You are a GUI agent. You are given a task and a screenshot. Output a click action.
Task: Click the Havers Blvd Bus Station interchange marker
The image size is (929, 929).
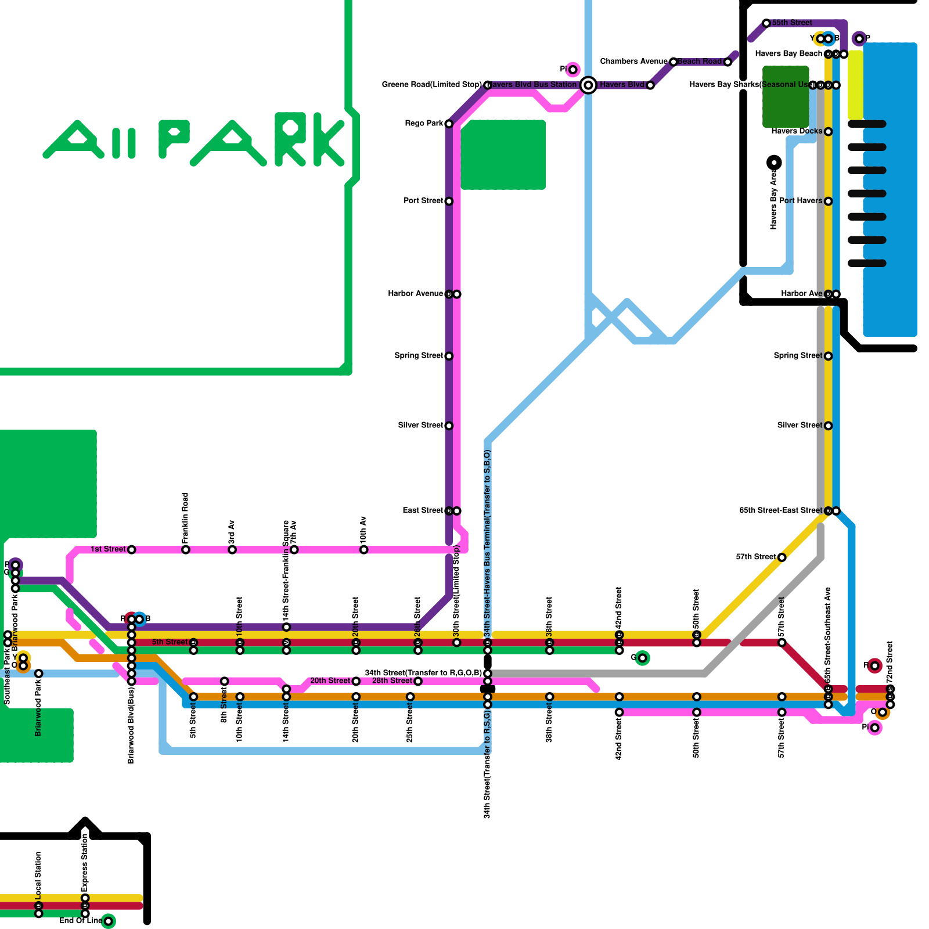pyautogui.click(x=588, y=85)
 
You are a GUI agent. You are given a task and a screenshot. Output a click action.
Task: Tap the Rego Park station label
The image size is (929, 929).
pyautogui.click(x=424, y=124)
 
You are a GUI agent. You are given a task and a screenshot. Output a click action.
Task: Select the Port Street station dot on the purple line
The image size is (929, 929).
pyautogui.click(x=449, y=201)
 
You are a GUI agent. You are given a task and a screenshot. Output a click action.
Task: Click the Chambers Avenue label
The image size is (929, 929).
pyautogui.click(x=633, y=62)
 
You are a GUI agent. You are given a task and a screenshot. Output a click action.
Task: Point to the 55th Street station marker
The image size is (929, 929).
pyautogui.click(x=766, y=23)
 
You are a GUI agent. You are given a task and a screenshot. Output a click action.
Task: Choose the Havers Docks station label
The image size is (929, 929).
pyautogui.click(x=797, y=131)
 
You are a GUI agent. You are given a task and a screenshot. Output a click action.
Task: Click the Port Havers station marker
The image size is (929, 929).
pyautogui.click(x=829, y=201)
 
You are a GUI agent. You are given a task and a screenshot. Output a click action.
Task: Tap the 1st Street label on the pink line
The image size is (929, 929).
pyautogui.click(x=108, y=549)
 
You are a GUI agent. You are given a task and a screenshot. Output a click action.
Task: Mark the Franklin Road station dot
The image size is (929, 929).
pyautogui.click(x=186, y=550)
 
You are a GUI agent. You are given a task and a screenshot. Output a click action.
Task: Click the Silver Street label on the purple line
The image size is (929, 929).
pyautogui.click(x=420, y=426)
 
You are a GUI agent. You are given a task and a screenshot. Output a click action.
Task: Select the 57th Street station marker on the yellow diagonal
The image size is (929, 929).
pyautogui.click(x=782, y=557)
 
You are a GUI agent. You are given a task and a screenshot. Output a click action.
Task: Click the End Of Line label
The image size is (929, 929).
pyautogui.click(x=81, y=920)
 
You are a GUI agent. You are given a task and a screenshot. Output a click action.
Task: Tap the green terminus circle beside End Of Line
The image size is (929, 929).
pyautogui.click(x=108, y=921)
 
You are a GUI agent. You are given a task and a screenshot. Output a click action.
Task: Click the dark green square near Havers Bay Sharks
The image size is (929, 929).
pyautogui.click(x=785, y=97)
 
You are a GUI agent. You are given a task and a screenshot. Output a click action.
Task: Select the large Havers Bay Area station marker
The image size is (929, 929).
pyautogui.click(x=774, y=163)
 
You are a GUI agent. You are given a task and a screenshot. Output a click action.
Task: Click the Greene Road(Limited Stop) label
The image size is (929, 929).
pyautogui.click(x=431, y=85)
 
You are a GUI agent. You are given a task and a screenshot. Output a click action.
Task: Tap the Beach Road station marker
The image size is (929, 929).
pyautogui.click(x=728, y=62)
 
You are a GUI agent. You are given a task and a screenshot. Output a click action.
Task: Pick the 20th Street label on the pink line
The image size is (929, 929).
pyautogui.click(x=330, y=680)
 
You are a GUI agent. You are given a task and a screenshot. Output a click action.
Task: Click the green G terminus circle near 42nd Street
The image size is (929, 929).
pyautogui.click(x=642, y=658)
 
